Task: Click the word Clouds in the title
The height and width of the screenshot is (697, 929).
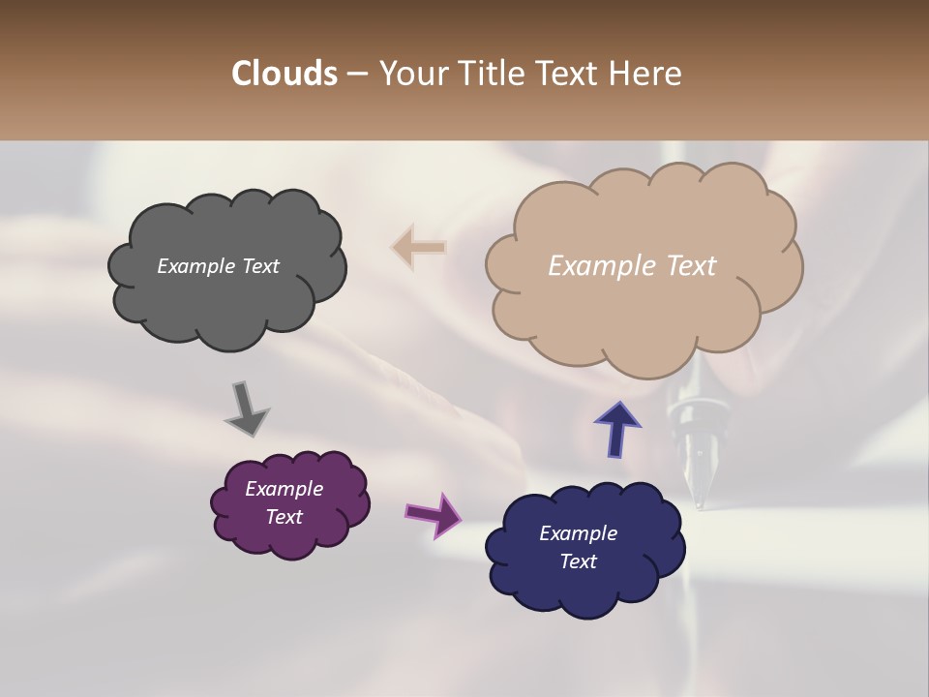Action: coord(285,74)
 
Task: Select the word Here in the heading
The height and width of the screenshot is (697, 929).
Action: coord(644,74)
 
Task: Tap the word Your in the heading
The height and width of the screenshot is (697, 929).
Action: coord(413,74)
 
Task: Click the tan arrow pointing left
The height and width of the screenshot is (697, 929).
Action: coord(419,247)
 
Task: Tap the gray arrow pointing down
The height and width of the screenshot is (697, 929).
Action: coord(246,408)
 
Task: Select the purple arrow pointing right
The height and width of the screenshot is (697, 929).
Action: coord(434,514)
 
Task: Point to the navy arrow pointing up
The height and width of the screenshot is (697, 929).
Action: coord(617,428)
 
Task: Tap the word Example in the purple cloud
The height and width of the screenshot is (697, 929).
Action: coord(285,489)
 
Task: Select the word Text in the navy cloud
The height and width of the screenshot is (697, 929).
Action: coord(579,561)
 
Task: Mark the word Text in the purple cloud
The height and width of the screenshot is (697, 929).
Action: coord(285,517)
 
